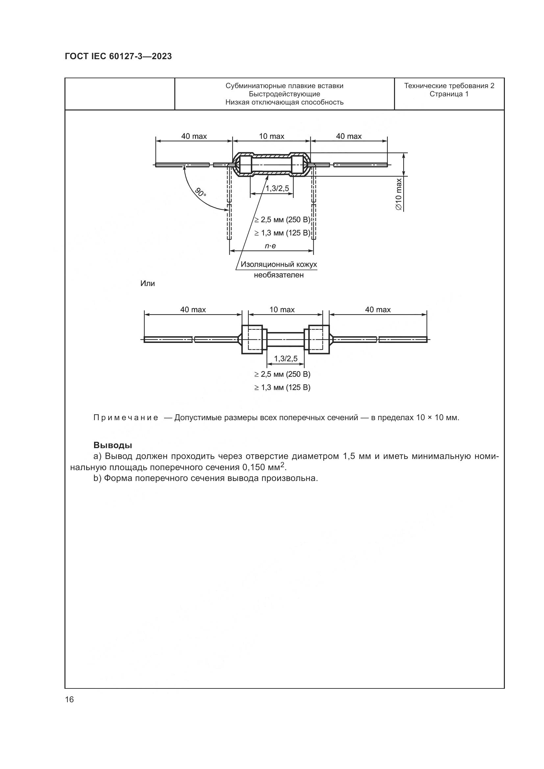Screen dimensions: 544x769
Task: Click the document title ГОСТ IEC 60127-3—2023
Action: [x=118, y=56]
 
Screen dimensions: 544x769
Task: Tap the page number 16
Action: [x=69, y=699]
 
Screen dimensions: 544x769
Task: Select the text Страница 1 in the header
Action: [x=449, y=94]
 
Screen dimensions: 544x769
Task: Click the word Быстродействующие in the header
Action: [x=284, y=94]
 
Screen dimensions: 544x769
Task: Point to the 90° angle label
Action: [x=201, y=193]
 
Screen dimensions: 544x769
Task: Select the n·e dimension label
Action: [x=270, y=246]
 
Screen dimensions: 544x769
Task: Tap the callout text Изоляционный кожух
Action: [x=279, y=265]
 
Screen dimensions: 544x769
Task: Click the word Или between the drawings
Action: [x=147, y=284]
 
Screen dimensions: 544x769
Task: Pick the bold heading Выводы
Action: [x=112, y=445]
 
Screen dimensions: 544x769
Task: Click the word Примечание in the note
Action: [x=126, y=418]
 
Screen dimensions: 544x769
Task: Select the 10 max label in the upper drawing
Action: [x=271, y=136]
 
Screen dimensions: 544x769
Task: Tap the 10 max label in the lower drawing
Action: [x=282, y=310]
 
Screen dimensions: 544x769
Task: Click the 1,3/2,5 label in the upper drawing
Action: [x=277, y=189]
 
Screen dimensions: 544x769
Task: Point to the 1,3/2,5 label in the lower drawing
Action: [x=286, y=359]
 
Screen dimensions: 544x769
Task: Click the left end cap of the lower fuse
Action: [x=252, y=339]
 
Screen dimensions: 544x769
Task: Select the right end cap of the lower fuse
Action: [x=317, y=339]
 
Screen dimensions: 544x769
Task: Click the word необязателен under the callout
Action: [x=279, y=275]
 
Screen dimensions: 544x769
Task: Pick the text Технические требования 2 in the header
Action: [x=449, y=86]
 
